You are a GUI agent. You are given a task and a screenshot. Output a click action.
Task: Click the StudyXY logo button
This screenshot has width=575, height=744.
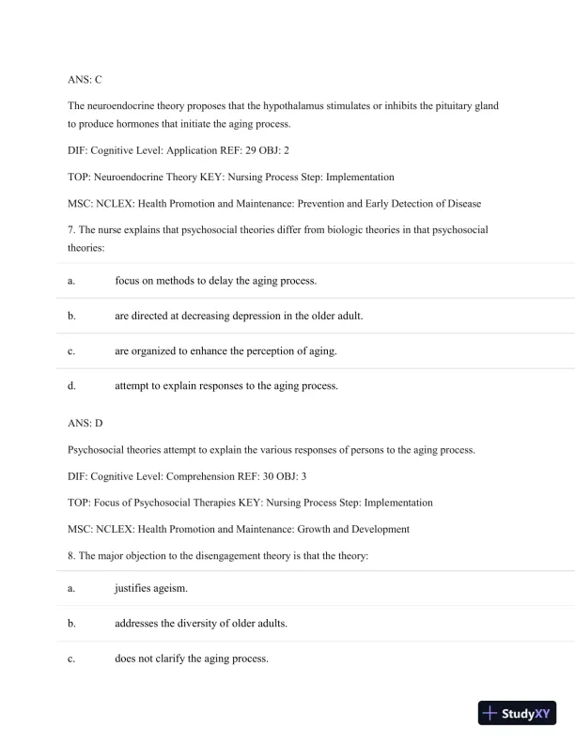click(517, 713)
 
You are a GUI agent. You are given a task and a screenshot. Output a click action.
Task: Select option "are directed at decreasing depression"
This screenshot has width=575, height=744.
click(239, 316)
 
